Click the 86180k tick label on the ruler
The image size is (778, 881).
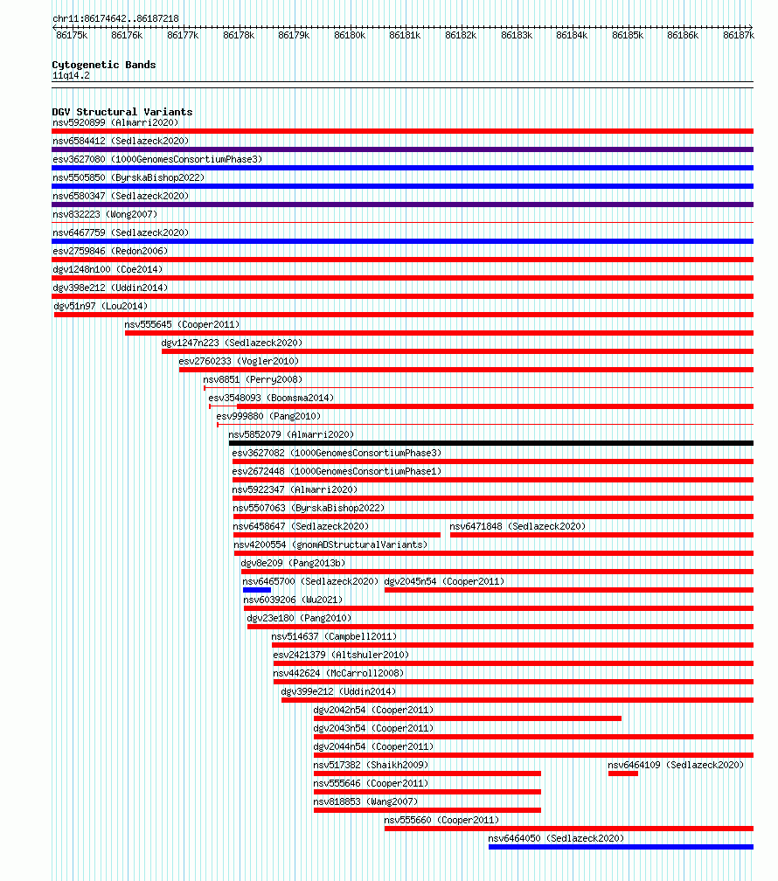[350, 35]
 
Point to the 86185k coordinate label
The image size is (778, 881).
[628, 35]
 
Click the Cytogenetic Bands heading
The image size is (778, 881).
[104, 65]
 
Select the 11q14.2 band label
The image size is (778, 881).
[71, 75]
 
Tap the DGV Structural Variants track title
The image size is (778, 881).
[122, 112]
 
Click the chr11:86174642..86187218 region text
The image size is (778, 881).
[115, 18]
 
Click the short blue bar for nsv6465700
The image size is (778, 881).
[257, 590]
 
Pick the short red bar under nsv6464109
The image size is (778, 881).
[623, 773]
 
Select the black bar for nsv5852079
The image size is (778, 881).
[490, 443]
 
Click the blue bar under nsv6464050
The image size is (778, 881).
[621, 847]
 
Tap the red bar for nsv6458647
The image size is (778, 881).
[337, 535]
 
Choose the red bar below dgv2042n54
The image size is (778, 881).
[468, 718]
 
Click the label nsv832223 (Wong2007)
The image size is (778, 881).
[105, 214]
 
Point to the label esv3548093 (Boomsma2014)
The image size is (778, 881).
[271, 398]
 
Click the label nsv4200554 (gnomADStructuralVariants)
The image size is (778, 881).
[330, 545]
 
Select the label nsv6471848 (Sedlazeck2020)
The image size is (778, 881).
[518, 526]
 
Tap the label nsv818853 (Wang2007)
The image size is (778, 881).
[366, 801]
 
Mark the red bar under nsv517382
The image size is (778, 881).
[427, 773]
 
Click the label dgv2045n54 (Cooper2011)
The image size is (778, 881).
[444, 581]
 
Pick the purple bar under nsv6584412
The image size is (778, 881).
[402, 149]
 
